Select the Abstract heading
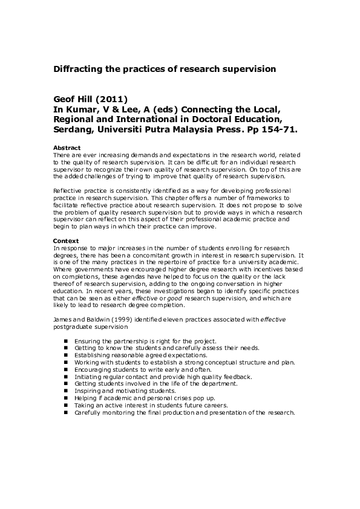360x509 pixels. coord(66,148)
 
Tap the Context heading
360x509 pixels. coord(65,241)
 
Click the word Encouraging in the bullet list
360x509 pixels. coord(91,369)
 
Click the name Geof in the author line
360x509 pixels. coord(66,99)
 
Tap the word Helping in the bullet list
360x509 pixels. coord(85,398)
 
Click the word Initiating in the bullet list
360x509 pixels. coord(87,377)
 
